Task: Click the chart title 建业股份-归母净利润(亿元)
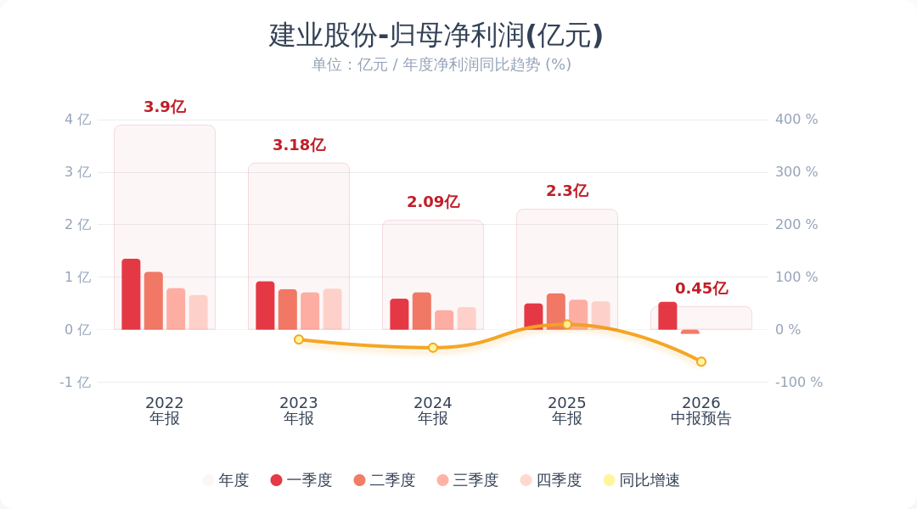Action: point(436,35)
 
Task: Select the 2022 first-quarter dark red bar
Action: point(131,294)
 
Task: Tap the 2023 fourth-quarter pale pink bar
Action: point(332,309)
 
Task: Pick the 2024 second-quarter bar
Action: point(422,310)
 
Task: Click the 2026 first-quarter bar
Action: point(667,316)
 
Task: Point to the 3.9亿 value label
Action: point(165,107)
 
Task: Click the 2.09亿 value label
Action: point(433,202)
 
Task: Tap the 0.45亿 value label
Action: point(701,288)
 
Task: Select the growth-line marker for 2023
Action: point(299,339)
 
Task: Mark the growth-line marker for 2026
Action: point(701,361)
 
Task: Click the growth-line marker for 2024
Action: point(433,348)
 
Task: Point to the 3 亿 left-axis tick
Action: point(78,172)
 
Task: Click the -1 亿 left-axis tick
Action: point(76,383)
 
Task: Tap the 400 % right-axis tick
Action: point(796,120)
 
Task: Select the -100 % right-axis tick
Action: point(799,383)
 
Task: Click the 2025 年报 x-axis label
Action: point(566,411)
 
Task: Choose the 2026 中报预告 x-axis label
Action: point(701,411)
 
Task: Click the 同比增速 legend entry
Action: point(642,480)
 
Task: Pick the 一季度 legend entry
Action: point(301,480)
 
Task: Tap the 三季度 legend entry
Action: point(468,480)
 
